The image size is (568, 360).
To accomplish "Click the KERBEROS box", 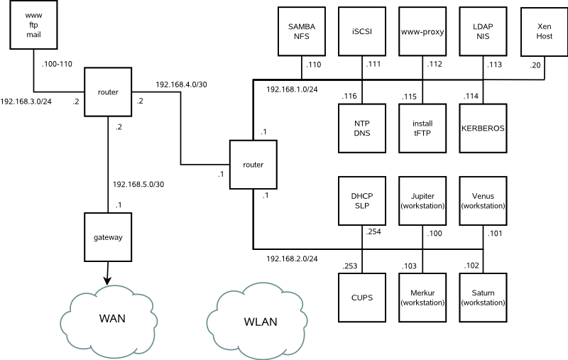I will (483, 129).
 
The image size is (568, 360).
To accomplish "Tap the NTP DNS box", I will (362, 129).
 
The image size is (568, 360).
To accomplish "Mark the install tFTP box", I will (422, 129).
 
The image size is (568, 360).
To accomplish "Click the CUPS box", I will (362, 298).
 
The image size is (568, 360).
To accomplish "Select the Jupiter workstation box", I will (422, 201).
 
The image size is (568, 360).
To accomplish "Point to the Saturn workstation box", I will (483, 298).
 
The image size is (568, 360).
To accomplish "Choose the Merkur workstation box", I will (422, 298).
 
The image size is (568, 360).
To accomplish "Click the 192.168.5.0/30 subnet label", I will (138, 185).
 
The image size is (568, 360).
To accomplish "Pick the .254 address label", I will (374, 232).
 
